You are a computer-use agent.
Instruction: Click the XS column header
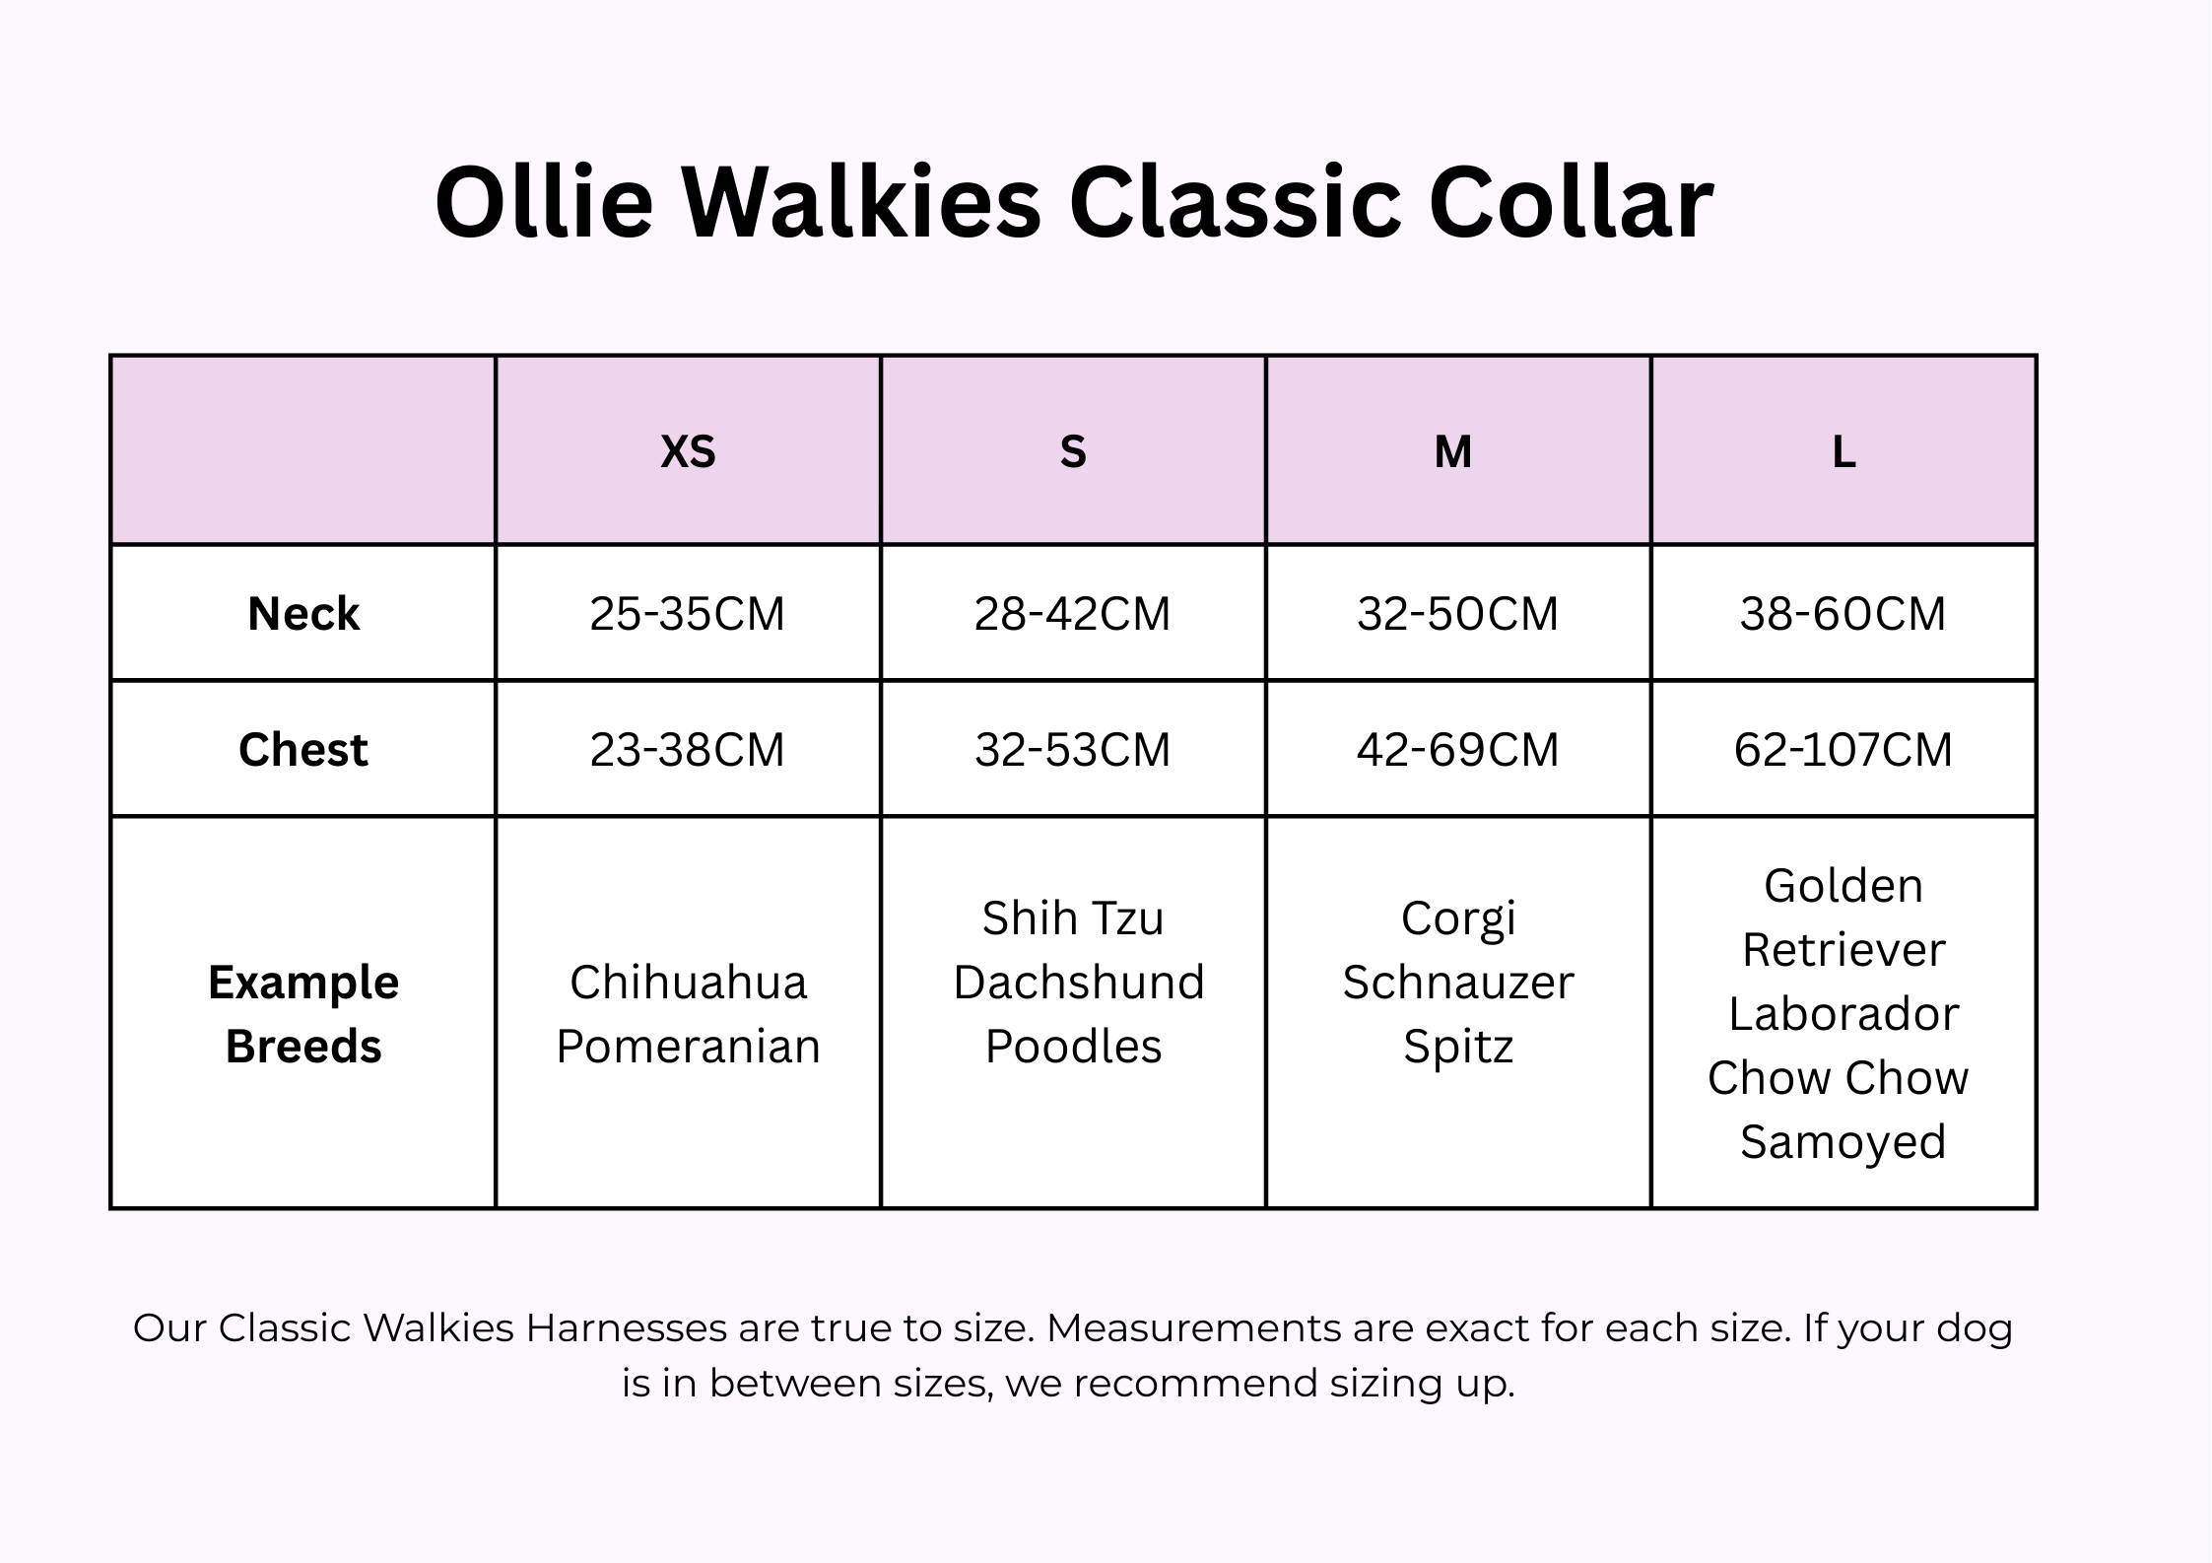pyautogui.click(x=688, y=452)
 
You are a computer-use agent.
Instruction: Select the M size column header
pyautogui.click(x=1453, y=452)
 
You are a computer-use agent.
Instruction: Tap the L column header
pyautogui.click(x=1843, y=452)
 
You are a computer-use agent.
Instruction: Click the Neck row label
pyautogui.click(x=303, y=614)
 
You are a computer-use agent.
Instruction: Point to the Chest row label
pyautogui.click(x=303, y=750)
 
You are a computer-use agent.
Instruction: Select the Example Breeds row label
pyautogui.click(x=303, y=1014)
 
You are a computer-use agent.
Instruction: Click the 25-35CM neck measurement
pyautogui.click(x=688, y=614)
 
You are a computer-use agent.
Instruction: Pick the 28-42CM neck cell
pyautogui.click(x=1073, y=614)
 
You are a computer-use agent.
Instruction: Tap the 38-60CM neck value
pyautogui.click(x=1843, y=614)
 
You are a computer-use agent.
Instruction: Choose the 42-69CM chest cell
pyautogui.click(x=1458, y=750)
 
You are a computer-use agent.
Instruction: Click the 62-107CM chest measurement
pyautogui.click(x=1843, y=750)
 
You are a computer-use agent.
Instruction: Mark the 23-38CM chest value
pyautogui.click(x=688, y=750)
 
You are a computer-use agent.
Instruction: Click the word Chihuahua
pyautogui.click(x=689, y=983)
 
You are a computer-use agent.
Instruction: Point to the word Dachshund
pyautogui.click(x=1079, y=983)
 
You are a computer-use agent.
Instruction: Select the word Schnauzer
pyautogui.click(x=1458, y=983)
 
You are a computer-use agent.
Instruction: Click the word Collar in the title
pyautogui.click(x=1572, y=202)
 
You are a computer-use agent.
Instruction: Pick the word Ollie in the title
pyautogui.click(x=544, y=202)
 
